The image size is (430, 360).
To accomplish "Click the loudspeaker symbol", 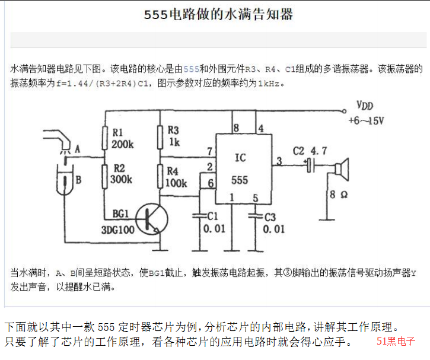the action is pyautogui.click(x=342, y=169).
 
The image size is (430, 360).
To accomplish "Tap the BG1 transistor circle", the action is pyautogui.click(x=152, y=219).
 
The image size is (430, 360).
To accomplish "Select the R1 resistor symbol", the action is pyautogui.click(x=104, y=138).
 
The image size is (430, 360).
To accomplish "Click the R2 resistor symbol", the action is pyautogui.click(x=104, y=177).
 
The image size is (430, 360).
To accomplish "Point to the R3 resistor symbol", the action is pyautogui.click(x=160, y=138).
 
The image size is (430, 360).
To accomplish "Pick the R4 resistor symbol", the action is pyautogui.click(x=160, y=176).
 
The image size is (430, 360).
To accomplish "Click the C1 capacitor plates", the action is pyautogui.click(x=200, y=216).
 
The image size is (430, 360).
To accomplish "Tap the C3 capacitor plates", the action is pyautogui.click(x=255, y=216).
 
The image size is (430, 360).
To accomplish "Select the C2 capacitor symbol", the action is pyautogui.click(x=311, y=165).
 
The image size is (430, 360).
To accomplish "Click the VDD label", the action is pyautogui.click(x=365, y=106).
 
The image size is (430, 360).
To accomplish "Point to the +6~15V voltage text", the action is pyautogui.click(x=366, y=120).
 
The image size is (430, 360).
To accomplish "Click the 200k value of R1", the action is pyautogui.click(x=122, y=144).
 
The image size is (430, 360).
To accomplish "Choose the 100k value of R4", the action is pyautogui.click(x=176, y=183).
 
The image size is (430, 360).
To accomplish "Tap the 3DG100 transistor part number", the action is pyautogui.click(x=118, y=230).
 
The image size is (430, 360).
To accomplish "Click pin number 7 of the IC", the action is pyautogui.click(x=210, y=151).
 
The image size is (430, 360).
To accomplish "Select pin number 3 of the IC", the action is pyautogui.click(x=279, y=161).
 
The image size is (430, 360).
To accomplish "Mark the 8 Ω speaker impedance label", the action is pyautogui.click(x=339, y=195).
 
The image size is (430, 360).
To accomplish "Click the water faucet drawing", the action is pyautogui.click(x=57, y=139).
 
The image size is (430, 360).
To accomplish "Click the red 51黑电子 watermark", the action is pyautogui.click(x=396, y=341).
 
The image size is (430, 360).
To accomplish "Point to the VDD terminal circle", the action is pyautogui.click(x=344, y=111).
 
